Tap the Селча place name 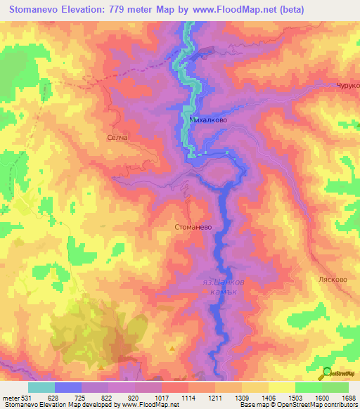tap(116, 137)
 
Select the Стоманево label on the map tap(194, 227)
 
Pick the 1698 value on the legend tap(347, 397)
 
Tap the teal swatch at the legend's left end tap(41, 387)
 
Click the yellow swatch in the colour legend tap(281, 387)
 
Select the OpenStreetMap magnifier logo tap(326, 375)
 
